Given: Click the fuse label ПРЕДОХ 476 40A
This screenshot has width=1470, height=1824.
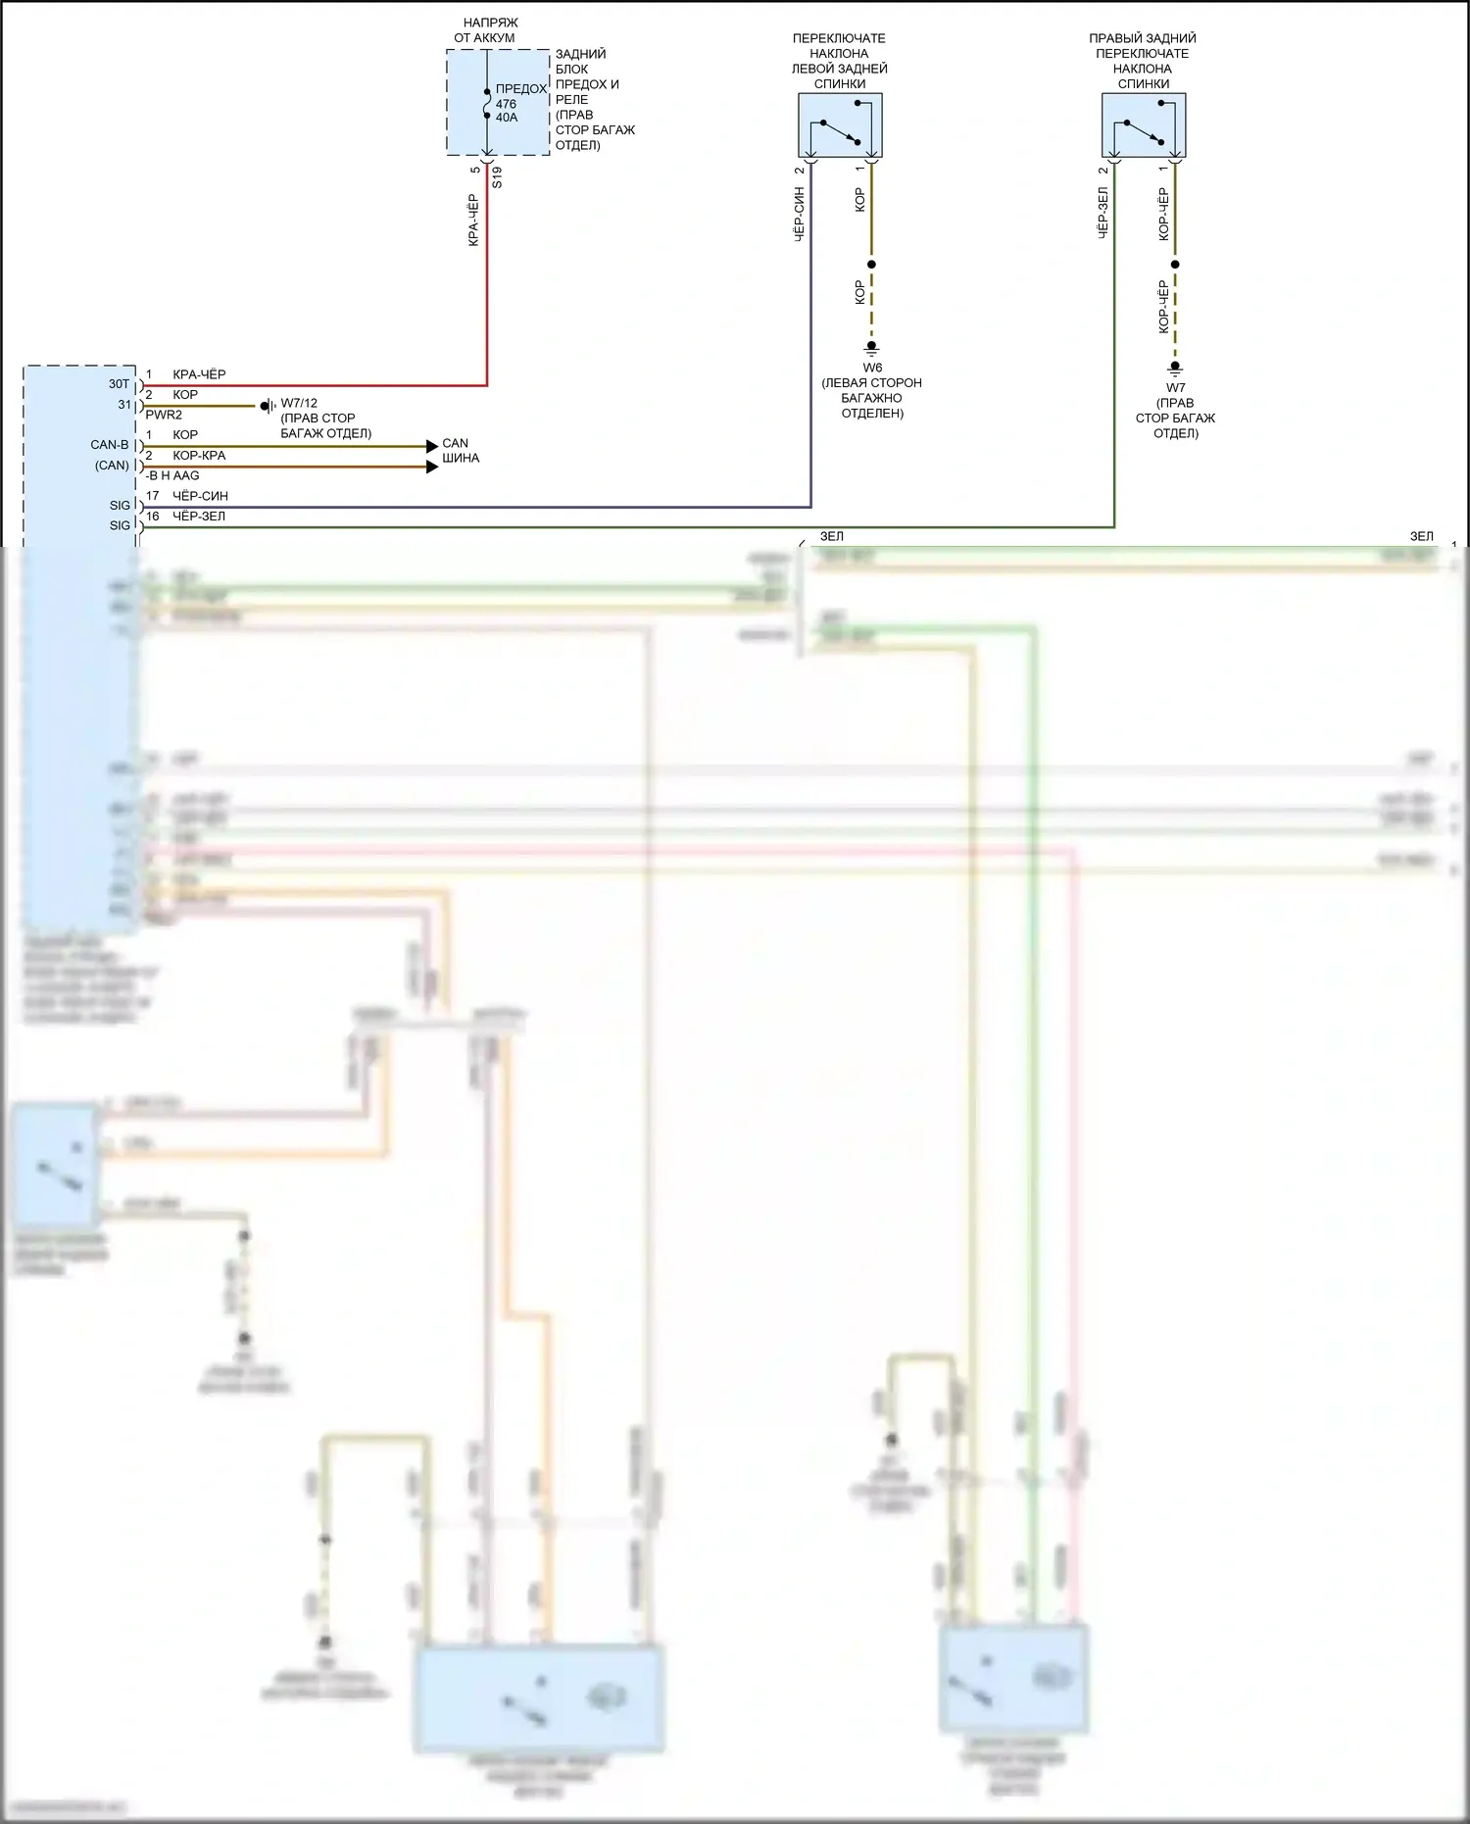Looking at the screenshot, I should pos(519,103).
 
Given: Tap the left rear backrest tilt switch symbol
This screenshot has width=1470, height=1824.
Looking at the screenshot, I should pos(840,125).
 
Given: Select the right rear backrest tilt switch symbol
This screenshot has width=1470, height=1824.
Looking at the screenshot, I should pos(1144,125).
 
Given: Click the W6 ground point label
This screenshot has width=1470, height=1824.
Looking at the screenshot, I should pos(872,368).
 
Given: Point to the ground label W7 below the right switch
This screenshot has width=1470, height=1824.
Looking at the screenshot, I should pos(1175,387).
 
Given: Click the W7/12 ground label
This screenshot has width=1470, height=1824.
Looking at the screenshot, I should pos(299,403).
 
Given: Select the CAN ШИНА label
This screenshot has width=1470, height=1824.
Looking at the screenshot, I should pos(461,451).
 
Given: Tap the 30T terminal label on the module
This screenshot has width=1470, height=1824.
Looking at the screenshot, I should pos(119,384).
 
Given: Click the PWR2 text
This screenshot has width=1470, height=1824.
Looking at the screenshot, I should pos(164,415).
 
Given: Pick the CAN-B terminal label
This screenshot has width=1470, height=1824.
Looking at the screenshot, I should pos(110,445).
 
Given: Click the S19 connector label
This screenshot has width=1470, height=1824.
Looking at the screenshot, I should pos(497,177).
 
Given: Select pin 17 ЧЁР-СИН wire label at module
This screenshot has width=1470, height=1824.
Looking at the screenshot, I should pos(200,496).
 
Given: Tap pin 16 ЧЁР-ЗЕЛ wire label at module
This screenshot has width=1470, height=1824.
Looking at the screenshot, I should pos(200,516).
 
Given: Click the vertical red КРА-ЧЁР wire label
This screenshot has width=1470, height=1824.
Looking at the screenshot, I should pos(473,220).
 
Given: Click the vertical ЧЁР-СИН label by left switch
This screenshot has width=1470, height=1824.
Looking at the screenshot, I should pos(799,215).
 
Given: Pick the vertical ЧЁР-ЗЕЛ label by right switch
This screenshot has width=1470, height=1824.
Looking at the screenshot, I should pos(1102,213).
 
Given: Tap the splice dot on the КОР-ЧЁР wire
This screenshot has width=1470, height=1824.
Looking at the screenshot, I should pos(1175,265).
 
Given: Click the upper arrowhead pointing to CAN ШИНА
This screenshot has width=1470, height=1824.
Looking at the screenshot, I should pos(432,446).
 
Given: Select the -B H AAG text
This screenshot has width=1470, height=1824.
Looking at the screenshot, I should pos(172,475).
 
